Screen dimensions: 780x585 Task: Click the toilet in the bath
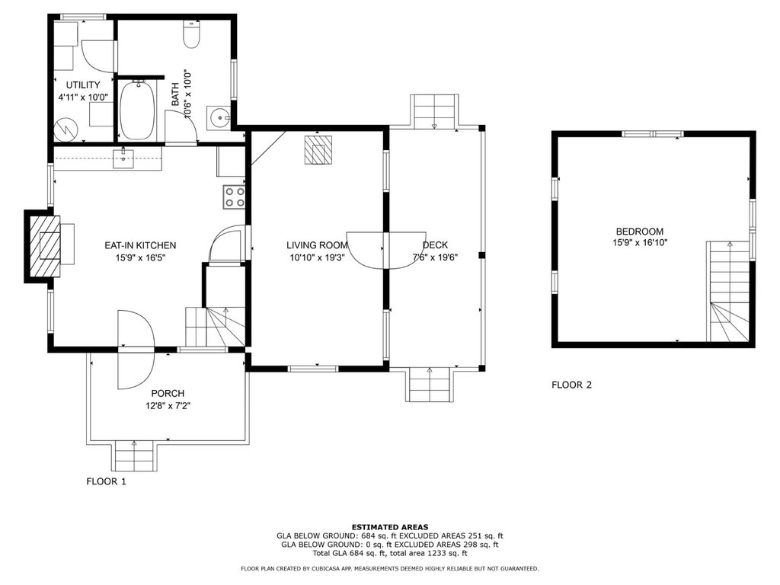191,34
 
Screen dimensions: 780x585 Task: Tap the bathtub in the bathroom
137,110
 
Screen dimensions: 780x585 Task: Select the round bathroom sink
219,118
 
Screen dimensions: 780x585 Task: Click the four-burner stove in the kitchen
235,197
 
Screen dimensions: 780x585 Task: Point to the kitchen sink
123,158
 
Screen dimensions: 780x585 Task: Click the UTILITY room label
83,85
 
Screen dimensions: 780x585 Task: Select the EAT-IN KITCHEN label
140,245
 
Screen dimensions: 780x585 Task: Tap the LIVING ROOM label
317,245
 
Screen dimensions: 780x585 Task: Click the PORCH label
168,394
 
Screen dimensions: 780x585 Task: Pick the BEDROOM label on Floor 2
640,232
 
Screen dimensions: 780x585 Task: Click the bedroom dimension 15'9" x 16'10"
640,243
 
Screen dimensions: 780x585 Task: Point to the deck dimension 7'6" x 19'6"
435,257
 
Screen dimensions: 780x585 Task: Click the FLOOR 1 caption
107,481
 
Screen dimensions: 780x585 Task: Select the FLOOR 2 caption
572,385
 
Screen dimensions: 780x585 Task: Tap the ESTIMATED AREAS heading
390,527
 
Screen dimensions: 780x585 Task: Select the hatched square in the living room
318,149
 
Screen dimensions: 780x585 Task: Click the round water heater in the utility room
66,129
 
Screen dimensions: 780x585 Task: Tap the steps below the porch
136,456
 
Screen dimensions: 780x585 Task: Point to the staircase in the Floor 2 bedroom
729,292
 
